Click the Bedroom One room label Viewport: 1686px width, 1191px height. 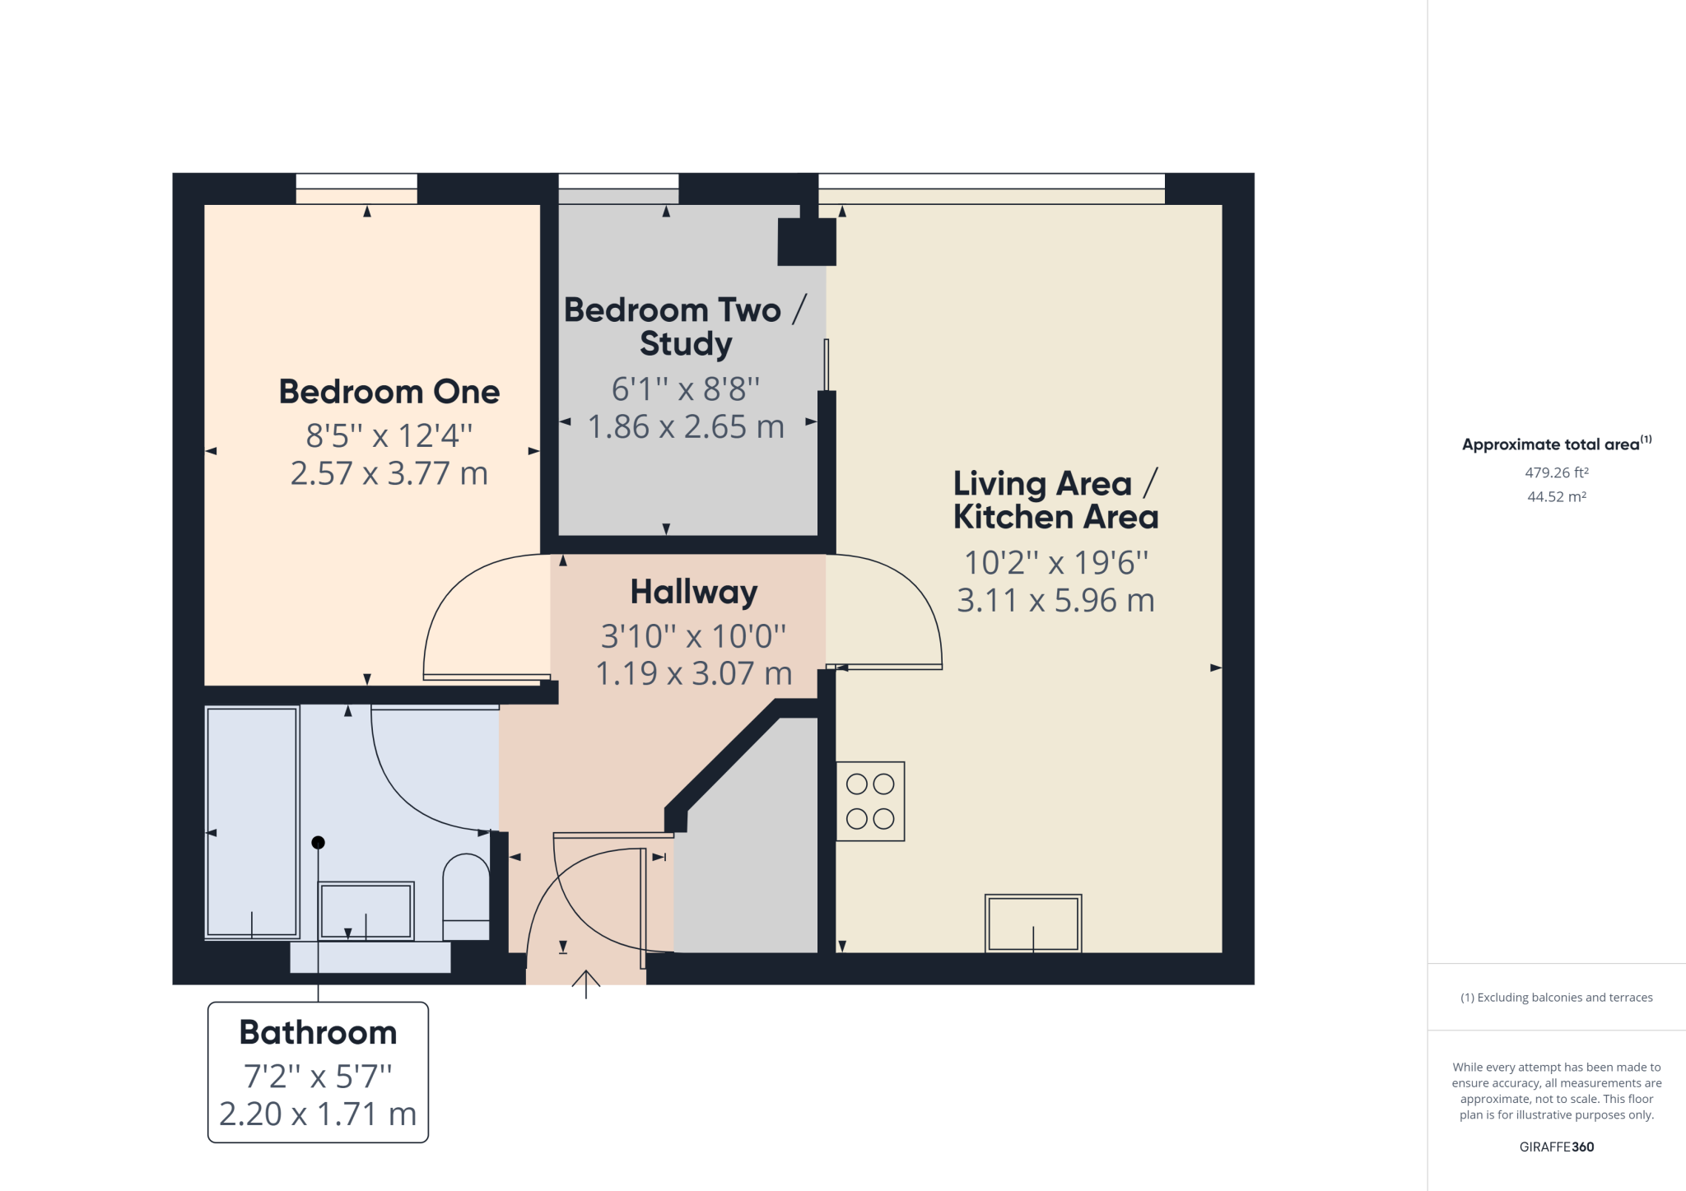click(x=389, y=392)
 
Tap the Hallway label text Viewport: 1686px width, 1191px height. click(x=693, y=592)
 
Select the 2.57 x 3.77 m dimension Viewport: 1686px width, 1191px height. click(x=389, y=473)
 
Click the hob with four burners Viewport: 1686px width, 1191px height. click(x=870, y=801)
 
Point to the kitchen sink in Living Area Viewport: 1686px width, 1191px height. click(x=1032, y=923)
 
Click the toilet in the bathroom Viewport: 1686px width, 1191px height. click(x=466, y=897)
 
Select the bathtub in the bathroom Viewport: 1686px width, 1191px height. click(x=251, y=821)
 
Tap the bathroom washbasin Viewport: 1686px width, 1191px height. click(x=366, y=910)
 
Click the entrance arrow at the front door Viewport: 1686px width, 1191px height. click(x=585, y=983)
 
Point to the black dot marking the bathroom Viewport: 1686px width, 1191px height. click(x=318, y=842)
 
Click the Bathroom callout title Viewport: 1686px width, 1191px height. click(x=318, y=1032)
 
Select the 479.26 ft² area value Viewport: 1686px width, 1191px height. click(x=1556, y=472)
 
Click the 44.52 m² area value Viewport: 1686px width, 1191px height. click(x=1556, y=496)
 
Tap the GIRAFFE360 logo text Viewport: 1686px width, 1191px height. click(x=1556, y=1147)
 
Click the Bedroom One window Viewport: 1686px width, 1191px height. click(x=356, y=183)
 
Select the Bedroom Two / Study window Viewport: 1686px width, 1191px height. click(x=618, y=183)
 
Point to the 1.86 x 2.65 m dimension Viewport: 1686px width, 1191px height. click(x=685, y=426)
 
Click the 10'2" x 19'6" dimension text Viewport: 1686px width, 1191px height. click(x=1055, y=563)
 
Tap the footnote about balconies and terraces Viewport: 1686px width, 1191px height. click(x=1556, y=998)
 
